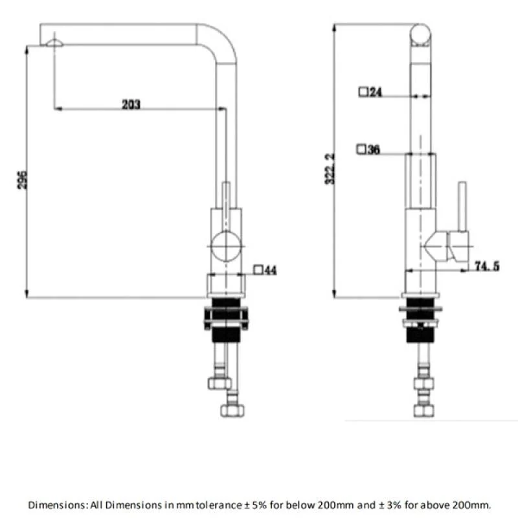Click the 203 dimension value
click(x=131, y=104)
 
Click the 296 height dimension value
click(x=22, y=180)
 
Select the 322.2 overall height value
click(x=330, y=169)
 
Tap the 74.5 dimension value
click(x=487, y=266)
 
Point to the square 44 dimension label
click(x=265, y=270)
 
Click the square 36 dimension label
click(x=368, y=150)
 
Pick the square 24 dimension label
click(x=370, y=91)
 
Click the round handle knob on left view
click(x=226, y=246)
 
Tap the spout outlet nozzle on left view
click(x=54, y=43)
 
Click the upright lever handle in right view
click(x=462, y=207)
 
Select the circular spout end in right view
click(x=420, y=34)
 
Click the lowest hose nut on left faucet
click(x=232, y=411)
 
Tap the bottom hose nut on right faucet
click(x=424, y=411)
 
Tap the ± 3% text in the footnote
click(x=390, y=505)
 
